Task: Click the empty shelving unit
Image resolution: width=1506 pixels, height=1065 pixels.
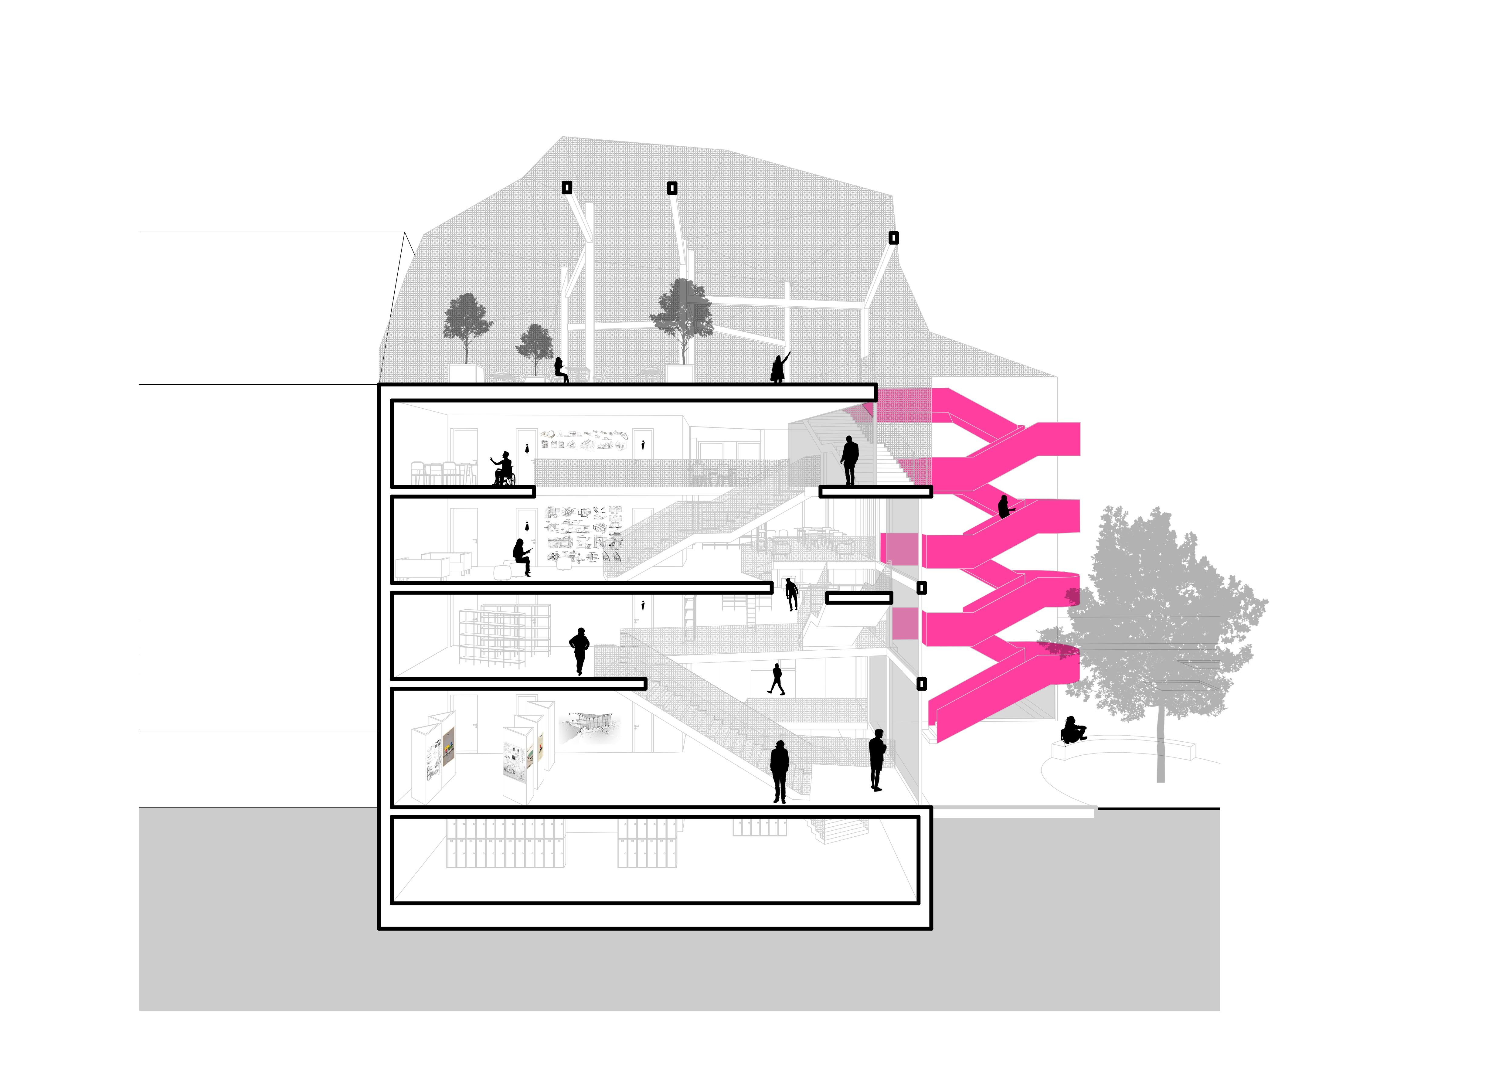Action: [502, 636]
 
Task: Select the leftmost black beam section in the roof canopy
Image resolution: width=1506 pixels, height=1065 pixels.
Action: [567, 188]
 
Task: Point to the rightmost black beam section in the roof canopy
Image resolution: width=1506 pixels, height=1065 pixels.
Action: [893, 237]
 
